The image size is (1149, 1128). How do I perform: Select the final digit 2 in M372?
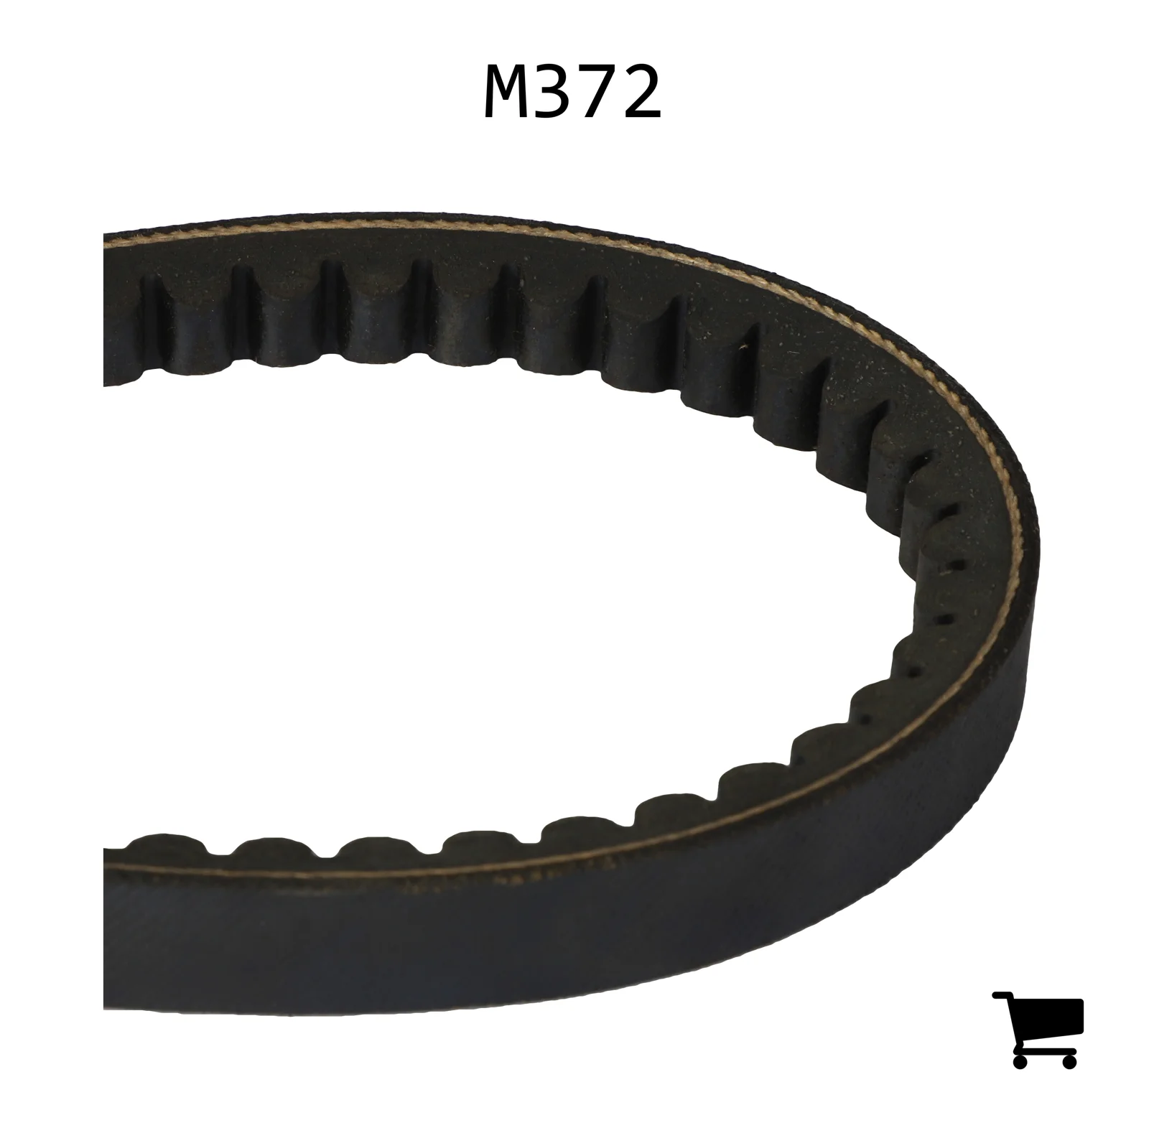pyautogui.click(x=641, y=93)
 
